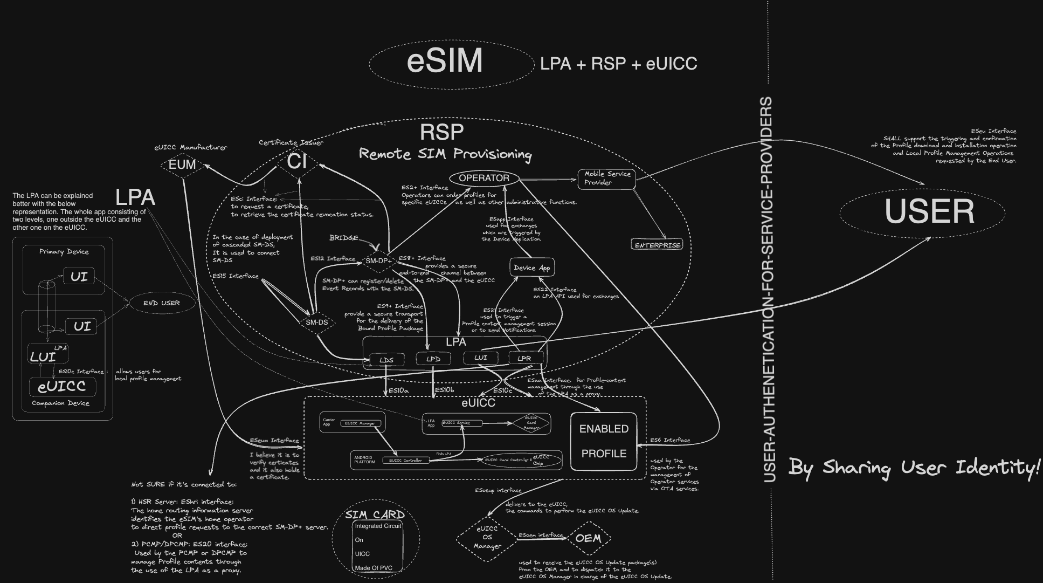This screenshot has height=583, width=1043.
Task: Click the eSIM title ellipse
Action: point(444,61)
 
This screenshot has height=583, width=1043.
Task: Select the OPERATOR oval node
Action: point(483,178)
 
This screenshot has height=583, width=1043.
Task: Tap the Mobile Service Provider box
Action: point(606,179)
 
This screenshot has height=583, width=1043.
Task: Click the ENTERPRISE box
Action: point(658,245)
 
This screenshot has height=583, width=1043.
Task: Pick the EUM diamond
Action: point(182,164)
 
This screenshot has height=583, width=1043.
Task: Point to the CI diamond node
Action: point(297,161)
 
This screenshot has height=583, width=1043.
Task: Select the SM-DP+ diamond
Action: point(378,261)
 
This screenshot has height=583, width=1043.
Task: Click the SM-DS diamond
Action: point(316,323)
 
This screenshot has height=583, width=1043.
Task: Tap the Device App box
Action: point(531,268)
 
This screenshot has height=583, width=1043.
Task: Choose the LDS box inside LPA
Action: point(386,360)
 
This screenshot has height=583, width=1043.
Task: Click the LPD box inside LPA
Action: point(433,359)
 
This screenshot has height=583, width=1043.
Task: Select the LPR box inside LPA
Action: point(524,358)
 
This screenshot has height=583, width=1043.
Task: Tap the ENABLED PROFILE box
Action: point(604,441)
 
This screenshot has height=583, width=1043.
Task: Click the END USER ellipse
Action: point(161,303)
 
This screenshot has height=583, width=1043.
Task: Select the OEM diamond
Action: point(588,538)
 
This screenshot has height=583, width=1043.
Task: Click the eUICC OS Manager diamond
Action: point(487,538)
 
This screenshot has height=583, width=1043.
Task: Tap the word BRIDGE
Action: point(343,238)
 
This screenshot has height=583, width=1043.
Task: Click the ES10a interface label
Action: point(398,390)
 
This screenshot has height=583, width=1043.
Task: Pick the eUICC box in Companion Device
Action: point(62,387)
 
